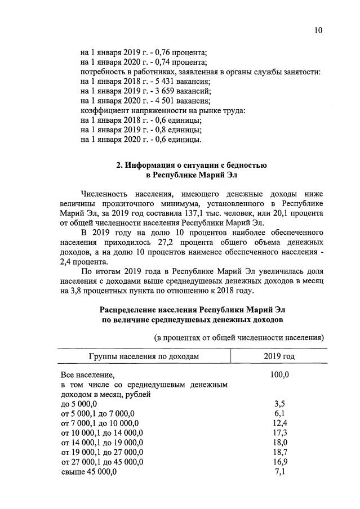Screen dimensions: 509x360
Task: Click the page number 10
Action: click(318, 31)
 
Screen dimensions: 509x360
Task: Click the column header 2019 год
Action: click(279, 356)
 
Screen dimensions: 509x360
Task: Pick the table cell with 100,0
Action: click(279, 374)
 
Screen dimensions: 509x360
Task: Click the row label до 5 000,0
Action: click(79, 404)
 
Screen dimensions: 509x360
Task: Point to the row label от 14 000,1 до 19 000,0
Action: click(101, 442)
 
